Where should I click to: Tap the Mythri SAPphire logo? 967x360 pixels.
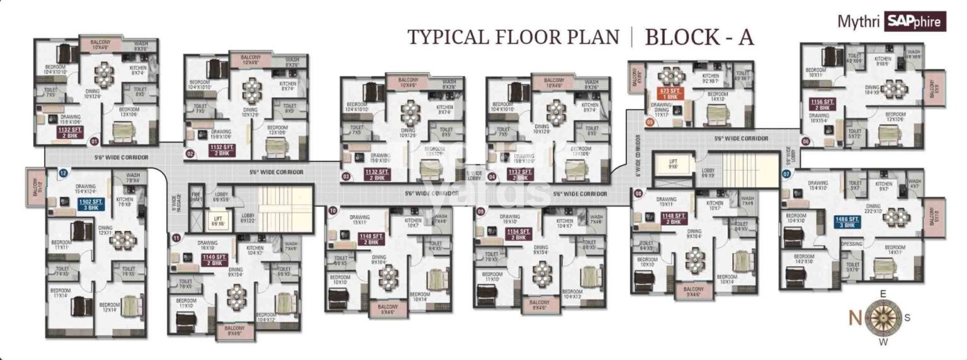click(x=891, y=21)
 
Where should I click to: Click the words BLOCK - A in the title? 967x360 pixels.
click(x=699, y=37)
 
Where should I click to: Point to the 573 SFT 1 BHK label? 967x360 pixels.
click(x=669, y=93)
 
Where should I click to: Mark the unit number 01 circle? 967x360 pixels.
click(x=94, y=142)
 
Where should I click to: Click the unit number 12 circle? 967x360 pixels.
click(x=63, y=172)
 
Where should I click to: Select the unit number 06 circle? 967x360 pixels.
click(x=805, y=142)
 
